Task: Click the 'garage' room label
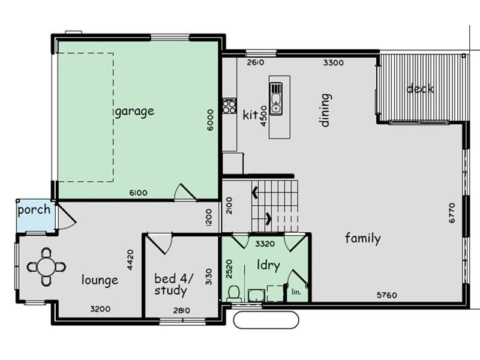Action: click(x=134, y=111)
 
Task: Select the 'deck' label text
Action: click(x=420, y=89)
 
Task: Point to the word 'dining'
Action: click(x=325, y=110)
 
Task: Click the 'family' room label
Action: click(x=362, y=239)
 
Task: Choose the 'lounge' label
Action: click(x=100, y=280)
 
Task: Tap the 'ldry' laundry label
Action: click(x=268, y=265)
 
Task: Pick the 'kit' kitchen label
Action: click(x=250, y=115)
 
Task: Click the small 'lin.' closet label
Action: click(x=296, y=292)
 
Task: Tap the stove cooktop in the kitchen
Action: click(x=229, y=106)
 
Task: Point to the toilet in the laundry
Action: click(x=235, y=293)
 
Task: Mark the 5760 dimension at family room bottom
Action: click(x=387, y=295)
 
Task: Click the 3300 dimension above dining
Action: click(x=333, y=62)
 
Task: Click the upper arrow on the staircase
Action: click(x=254, y=193)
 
